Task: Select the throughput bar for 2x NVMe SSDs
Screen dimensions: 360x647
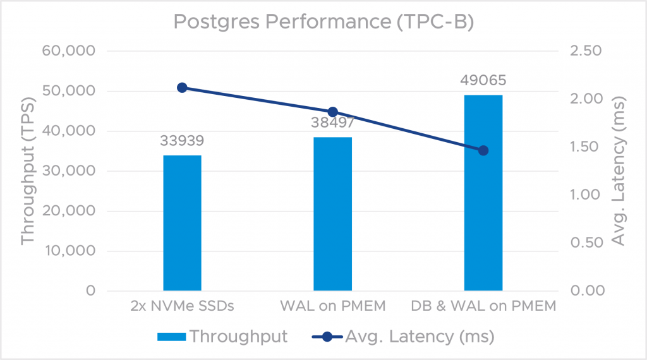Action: click(x=182, y=222)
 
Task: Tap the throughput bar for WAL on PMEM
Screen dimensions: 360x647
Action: click(x=333, y=213)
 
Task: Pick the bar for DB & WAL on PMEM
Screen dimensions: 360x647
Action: click(x=483, y=193)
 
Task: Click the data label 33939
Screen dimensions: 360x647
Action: click(x=182, y=140)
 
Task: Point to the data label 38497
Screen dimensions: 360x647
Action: click(x=333, y=122)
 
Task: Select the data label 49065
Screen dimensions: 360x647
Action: click(x=483, y=80)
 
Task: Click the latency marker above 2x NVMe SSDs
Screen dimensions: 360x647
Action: click(x=182, y=88)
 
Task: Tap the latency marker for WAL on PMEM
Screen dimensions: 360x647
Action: click(x=333, y=112)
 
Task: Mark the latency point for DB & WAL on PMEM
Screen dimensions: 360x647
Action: click(x=483, y=150)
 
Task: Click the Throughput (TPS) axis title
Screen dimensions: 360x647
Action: click(x=28, y=171)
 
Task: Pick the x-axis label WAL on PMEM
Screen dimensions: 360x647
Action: click(x=332, y=308)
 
